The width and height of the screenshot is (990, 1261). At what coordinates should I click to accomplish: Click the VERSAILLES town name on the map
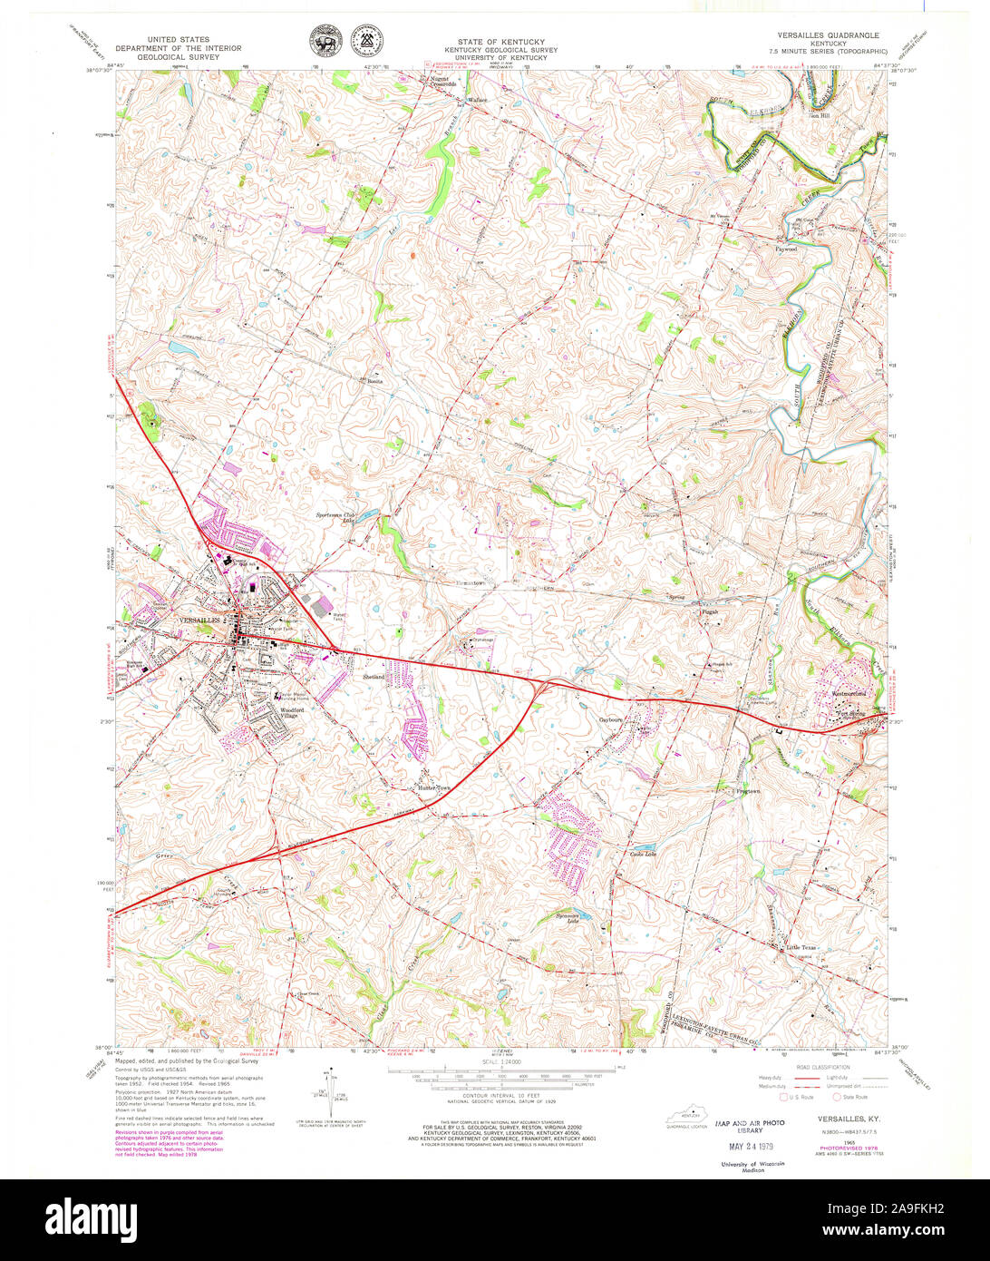click(200, 620)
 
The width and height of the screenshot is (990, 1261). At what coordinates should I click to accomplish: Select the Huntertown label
click(432, 788)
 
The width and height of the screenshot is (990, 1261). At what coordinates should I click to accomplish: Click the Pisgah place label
click(709, 611)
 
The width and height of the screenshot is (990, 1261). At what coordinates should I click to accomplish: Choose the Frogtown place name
click(747, 791)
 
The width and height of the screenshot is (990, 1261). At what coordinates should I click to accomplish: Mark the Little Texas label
click(801, 947)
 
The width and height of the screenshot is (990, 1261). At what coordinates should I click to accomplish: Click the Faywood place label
click(785, 248)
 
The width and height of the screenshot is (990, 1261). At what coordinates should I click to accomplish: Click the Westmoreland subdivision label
click(849, 694)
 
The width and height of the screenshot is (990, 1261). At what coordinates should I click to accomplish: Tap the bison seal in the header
click(323, 40)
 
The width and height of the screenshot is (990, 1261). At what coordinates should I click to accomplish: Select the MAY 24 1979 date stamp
click(749, 1146)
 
